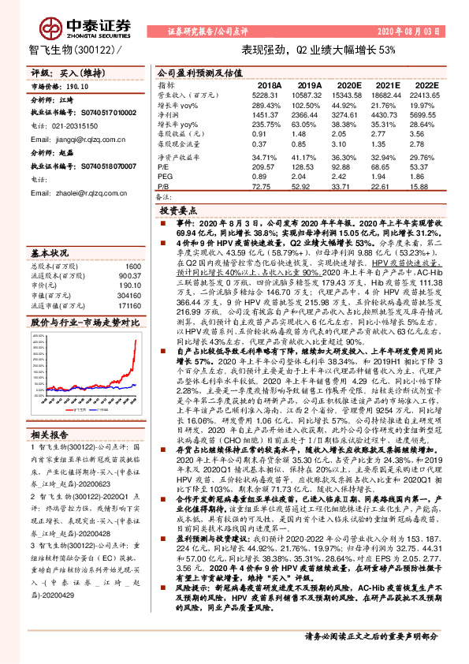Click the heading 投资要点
click(x=178, y=212)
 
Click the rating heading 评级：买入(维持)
click(x=61, y=71)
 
